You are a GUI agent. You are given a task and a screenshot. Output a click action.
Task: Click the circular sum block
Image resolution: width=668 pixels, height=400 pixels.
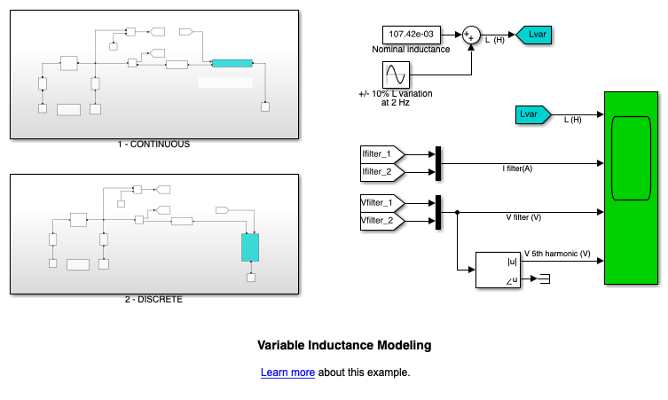[x=470, y=35]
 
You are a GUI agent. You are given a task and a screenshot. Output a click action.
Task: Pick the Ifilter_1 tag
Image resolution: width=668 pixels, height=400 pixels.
[x=381, y=155]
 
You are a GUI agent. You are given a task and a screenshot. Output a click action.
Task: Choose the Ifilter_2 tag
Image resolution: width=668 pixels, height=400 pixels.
[x=381, y=171]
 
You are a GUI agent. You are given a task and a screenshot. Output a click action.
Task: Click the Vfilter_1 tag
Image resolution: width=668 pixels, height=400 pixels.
[x=381, y=203]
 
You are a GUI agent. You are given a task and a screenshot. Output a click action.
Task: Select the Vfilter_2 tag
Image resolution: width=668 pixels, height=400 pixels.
[x=381, y=220]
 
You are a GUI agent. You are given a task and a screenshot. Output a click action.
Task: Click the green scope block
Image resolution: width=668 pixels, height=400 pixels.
[x=633, y=187]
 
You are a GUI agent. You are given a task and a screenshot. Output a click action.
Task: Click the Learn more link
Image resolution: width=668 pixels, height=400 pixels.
[x=287, y=373]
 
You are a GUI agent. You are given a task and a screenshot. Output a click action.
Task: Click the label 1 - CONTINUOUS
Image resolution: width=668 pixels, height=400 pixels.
[x=153, y=144]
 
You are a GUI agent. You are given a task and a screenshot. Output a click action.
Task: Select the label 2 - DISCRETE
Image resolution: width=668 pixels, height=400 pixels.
[x=153, y=299]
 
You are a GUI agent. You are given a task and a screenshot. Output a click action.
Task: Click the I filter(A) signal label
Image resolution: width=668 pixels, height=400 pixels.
[x=517, y=169]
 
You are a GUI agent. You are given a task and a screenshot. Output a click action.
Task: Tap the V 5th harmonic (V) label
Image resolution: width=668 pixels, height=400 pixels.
[x=557, y=255]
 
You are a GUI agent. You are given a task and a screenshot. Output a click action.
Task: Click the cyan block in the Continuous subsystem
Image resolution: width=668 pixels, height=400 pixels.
[x=232, y=63]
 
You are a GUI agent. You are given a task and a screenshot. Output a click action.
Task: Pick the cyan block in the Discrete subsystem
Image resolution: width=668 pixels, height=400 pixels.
[x=250, y=247]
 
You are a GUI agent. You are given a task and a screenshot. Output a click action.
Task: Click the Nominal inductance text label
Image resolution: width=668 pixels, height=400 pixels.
[x=411, y=50]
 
